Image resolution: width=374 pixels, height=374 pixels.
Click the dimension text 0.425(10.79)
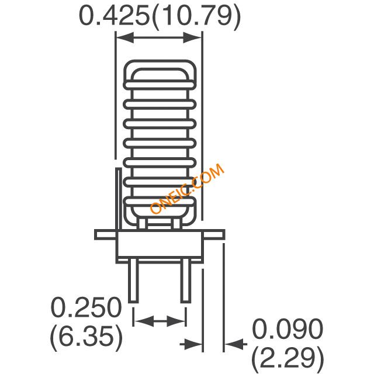pos(160,16)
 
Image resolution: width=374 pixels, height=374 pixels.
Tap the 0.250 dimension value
pos(86,307)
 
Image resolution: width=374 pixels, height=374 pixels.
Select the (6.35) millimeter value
pos(86,336)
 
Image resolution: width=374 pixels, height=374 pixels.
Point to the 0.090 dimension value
pos(288,328)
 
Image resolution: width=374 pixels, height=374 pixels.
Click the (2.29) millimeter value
pos(288,357)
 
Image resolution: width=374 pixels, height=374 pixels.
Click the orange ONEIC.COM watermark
pos(187,188)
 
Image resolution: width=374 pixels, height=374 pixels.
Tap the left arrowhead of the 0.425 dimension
pos(124,37)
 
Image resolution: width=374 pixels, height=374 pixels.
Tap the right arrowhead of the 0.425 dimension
pos(192,37)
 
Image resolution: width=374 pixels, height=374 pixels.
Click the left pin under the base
pos(133,281)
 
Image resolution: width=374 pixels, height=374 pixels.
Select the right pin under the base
pos(186,281)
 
